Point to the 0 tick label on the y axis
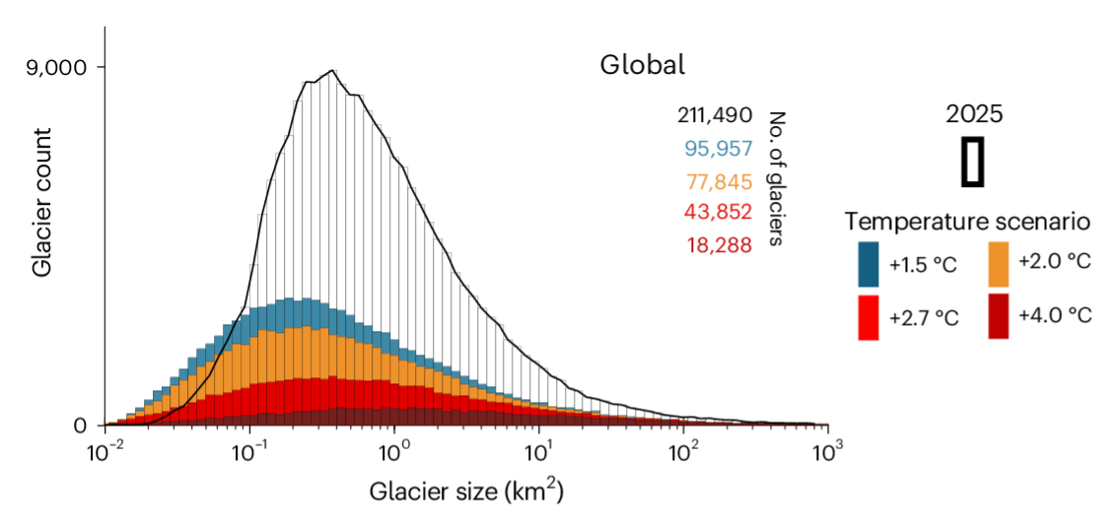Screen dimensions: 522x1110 coord(81,425)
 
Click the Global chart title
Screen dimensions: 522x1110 coord(642,66)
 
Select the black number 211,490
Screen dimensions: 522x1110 coord(716,115)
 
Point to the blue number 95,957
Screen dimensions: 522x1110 coord(719,149)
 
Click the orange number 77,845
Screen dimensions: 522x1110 coord(719,181)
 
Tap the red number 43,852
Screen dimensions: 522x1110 coord(719,212)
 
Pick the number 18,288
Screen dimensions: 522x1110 coord(719,244)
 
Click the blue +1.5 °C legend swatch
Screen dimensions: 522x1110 coord(868,263)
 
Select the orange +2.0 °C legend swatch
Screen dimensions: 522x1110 coord(1000,263)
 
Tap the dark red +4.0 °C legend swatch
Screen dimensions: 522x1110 coord(1000,315)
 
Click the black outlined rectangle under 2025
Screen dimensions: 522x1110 coord(972,162)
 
